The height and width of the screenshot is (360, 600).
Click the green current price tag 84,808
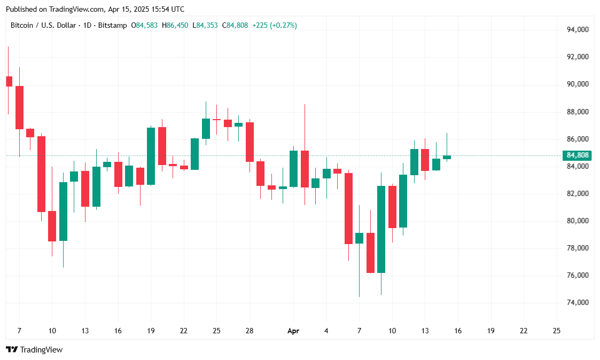point(578,155)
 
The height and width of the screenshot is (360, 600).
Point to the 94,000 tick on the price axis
point(578,29)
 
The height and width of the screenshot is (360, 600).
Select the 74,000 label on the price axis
point(578,302)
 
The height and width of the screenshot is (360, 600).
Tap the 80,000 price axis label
point(578,221)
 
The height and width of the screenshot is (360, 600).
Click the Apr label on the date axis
point(293,331)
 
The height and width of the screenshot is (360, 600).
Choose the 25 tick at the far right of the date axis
point(557,331)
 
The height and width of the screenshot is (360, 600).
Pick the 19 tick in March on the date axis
point(151,331)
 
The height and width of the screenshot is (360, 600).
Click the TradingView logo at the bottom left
point(34,350)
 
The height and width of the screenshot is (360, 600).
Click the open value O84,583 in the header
point(144,25)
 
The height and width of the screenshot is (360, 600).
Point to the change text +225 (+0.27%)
point(275,25)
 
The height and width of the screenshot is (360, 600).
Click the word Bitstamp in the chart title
point(113,25)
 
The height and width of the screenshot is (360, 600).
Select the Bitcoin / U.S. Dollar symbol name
point(44,25)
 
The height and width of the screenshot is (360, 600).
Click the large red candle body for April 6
point(348,208)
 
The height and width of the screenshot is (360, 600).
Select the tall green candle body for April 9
point(381,229)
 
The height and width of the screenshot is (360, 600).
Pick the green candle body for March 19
point(151,156)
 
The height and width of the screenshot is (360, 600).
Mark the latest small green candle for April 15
point(447,157)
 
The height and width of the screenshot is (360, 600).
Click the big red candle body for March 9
point(41,174)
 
